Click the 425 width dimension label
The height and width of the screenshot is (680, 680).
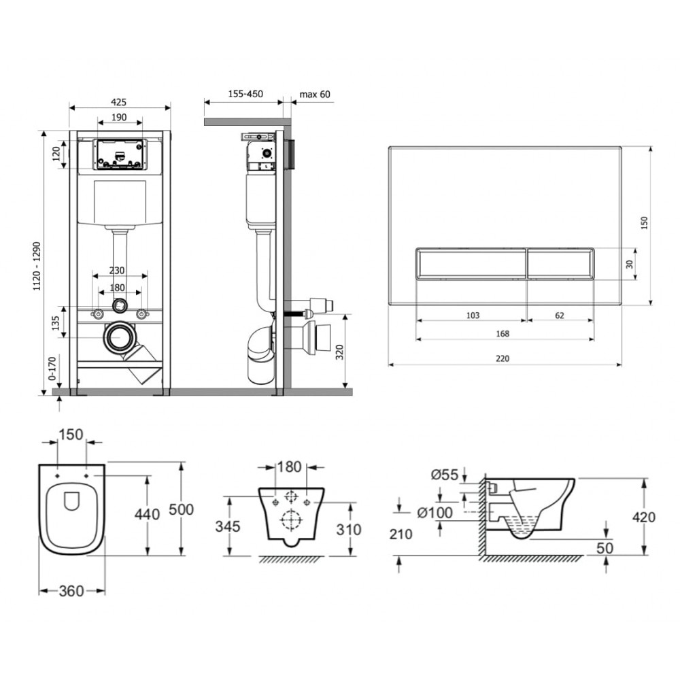[118, 102]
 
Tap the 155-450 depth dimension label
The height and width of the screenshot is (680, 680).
[245, 94]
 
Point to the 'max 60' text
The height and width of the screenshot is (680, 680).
[314, 94]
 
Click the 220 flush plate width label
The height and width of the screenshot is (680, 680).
[503, 358]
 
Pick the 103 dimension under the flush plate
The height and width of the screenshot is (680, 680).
[473, 316]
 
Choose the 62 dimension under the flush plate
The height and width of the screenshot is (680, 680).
[560, 316]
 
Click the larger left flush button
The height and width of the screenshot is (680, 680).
[471, 263]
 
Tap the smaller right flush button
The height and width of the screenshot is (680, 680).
[560, 263]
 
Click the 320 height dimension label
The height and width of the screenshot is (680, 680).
[339, 352]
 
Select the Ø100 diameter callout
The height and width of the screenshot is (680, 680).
[435, 513]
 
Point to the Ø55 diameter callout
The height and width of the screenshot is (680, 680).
[445, 475]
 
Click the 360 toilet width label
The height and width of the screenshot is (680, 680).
[71, 591]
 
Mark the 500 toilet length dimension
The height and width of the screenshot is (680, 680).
[181, 509]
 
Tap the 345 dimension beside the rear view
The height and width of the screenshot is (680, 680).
[228, 526]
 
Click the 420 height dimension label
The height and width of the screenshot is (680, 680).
[643, 517]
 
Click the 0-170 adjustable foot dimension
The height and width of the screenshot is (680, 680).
[52, 369]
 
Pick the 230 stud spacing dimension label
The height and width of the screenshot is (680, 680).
[117, 271]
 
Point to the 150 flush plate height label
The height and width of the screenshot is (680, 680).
[644, 223]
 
